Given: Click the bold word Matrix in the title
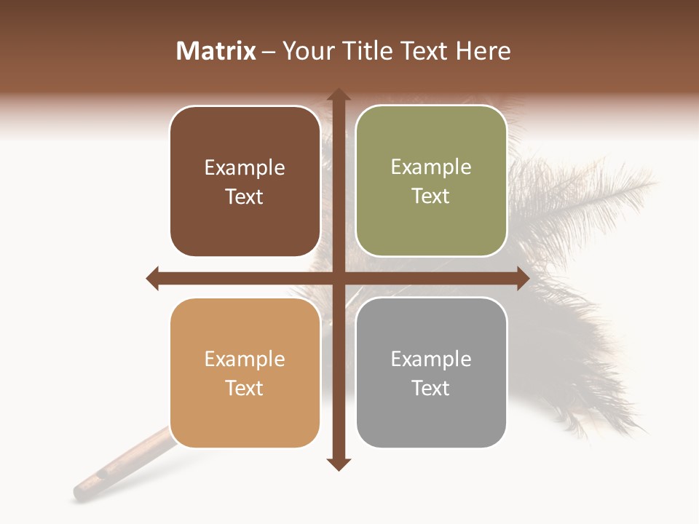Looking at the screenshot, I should (216, 51).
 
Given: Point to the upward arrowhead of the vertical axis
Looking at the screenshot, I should (338, 95).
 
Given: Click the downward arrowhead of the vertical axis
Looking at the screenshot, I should (338, 464).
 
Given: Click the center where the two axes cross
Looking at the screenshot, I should (338, 278).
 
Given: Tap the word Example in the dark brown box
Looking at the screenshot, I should (245, 168).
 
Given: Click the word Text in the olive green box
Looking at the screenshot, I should (431, 196).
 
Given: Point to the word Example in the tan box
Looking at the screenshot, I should (245, 360).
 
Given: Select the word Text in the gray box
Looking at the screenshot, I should (431, 388).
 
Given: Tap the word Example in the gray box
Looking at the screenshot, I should (431, 360).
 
